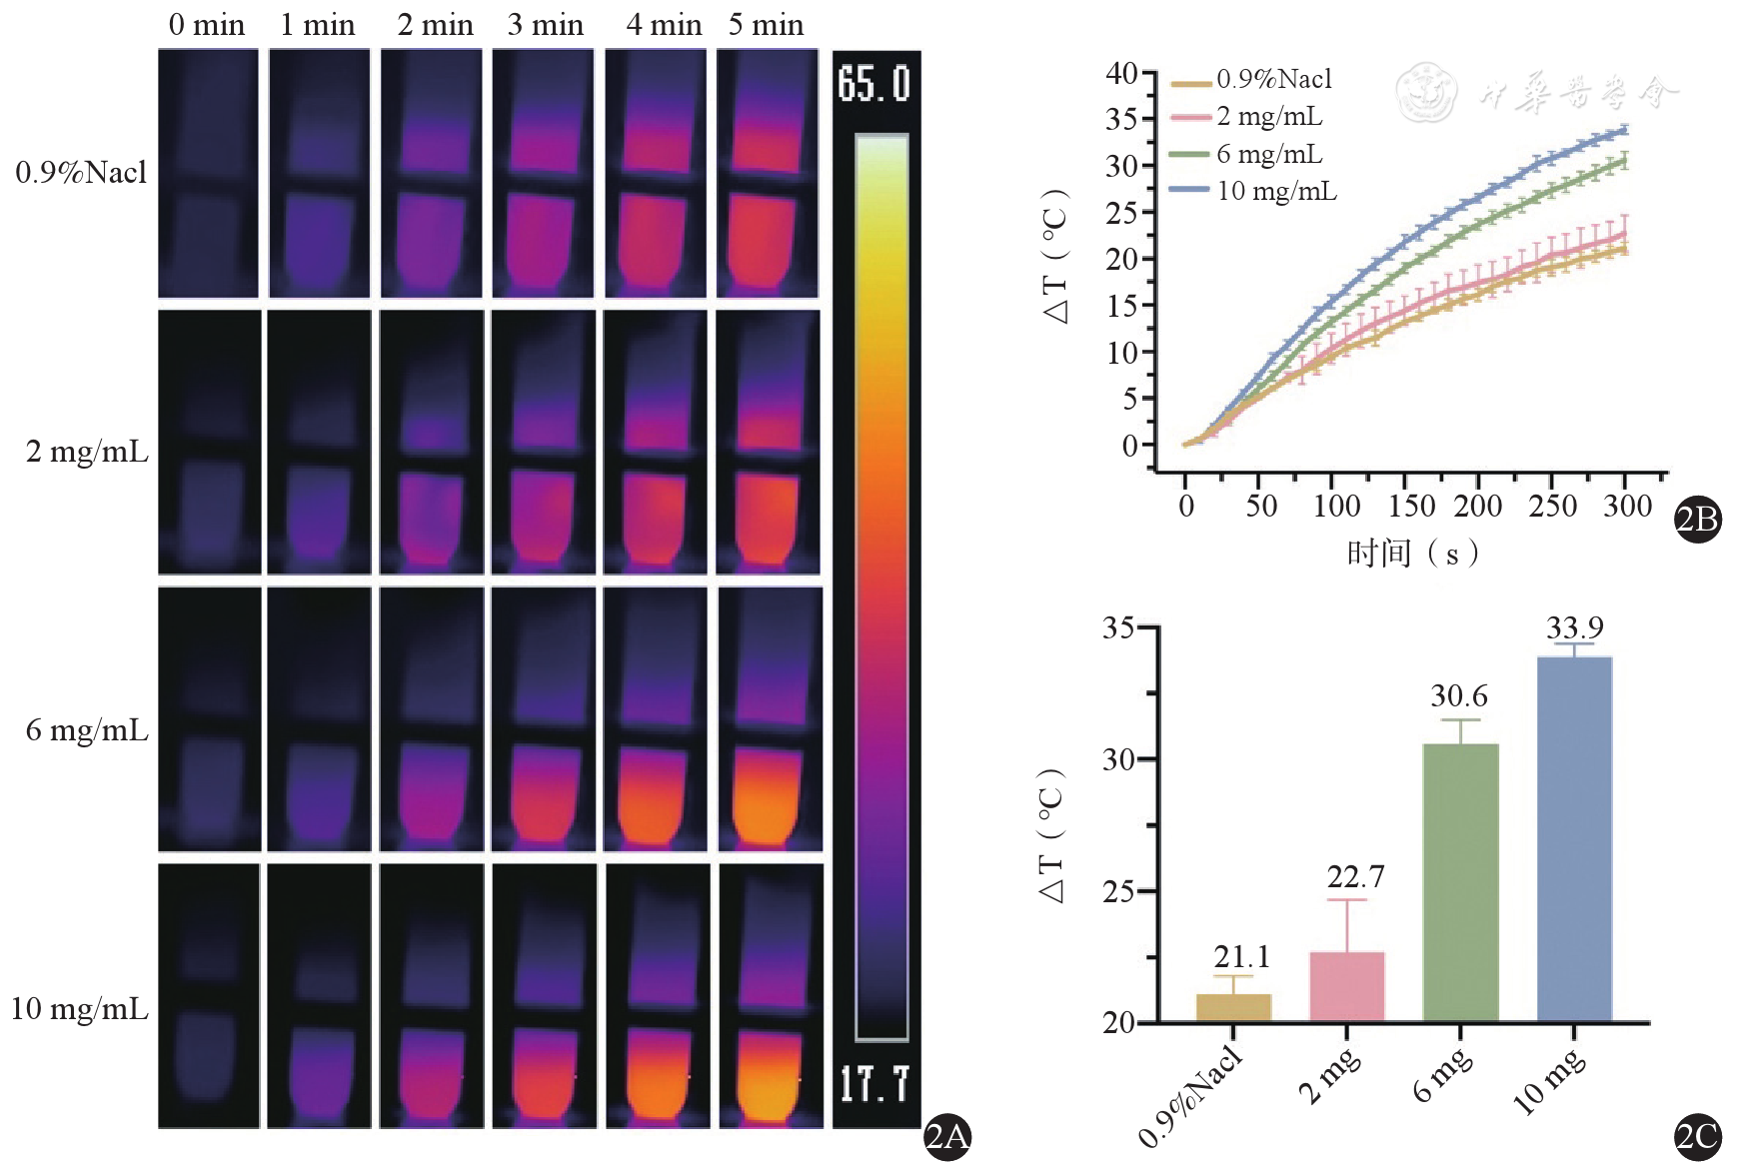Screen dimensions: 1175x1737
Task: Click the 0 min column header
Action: click(207, 25)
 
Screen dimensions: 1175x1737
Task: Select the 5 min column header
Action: click(766, 25)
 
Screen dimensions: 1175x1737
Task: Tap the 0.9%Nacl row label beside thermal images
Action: click(81, 173)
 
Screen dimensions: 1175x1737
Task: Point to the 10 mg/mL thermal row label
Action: click(79, 1009)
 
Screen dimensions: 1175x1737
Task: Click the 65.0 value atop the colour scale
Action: click(874, 84)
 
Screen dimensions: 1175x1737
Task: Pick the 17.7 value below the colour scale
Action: click(874, 1084)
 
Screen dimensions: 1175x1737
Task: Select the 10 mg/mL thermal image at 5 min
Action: click(771, 995)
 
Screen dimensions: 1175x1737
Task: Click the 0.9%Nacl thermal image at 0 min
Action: click(208, 173)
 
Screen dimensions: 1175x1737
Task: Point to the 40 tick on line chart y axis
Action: click(1121, 73)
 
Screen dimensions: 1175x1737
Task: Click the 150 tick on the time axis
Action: click(1411, 507)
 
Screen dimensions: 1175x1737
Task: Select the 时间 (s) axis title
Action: click(1412, 553)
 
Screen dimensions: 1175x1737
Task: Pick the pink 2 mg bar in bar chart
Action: click(1346, 986)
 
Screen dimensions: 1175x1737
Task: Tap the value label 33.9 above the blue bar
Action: click(1574, 628)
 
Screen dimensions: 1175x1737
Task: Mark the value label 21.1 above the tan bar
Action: click(1241, 957)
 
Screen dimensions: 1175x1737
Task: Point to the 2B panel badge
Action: click(1697, 519)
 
